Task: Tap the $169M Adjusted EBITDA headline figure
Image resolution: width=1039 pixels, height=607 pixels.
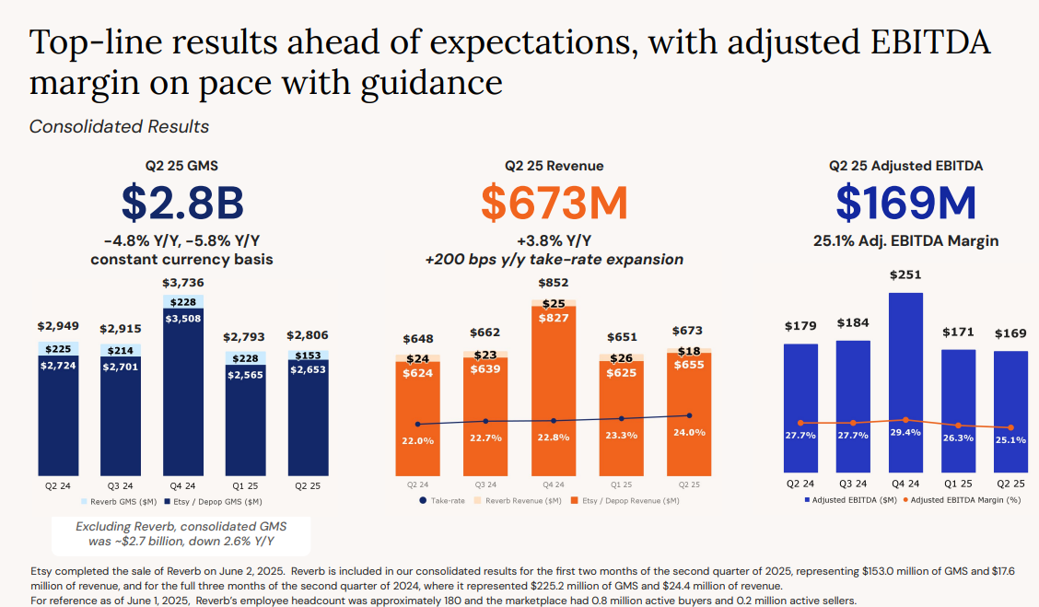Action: pyautogui.click(x=905, y=203)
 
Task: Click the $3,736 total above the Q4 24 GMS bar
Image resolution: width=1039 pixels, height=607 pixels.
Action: pyautogui.click(x=183, y=283)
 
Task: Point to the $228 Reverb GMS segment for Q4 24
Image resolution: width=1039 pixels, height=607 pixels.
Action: pyautogui.click(x=183, y=301)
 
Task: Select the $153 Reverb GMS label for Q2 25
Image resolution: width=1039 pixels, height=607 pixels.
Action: pyautogui.click(x=309, y=356)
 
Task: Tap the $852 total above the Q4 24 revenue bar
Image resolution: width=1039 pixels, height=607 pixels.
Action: pyautogui.click(x=554, y=283)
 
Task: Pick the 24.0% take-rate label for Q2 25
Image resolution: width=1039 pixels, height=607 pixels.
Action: pyautogui.click(x=689, y=432)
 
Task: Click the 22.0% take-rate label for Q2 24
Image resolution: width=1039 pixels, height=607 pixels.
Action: pyautogui.click(x=417, y=441)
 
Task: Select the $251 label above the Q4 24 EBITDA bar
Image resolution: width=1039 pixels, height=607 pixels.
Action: pyautogui.click(x=905, y=274)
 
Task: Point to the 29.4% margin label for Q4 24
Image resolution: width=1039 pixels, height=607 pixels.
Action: pyautogui.click(x=905, y=431)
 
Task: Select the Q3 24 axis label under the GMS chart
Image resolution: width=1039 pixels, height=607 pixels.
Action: pyautogui.click(x=121, y=484)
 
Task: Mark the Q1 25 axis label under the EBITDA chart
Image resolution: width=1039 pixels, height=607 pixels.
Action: pyautogui.click(x=958, y=484)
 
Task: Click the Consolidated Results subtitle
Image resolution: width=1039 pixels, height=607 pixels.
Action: pyautogui.click(x=119, y=126)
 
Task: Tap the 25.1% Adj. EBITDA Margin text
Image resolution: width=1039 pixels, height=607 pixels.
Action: pyautogui.click(x=905, y=241)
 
